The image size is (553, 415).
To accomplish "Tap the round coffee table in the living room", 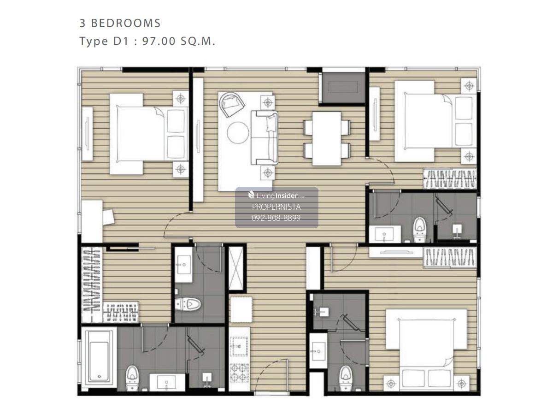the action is (x=238, y=132).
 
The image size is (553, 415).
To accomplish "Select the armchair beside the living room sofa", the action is (x=231, y=104).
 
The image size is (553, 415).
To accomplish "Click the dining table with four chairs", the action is (x=327, y=139).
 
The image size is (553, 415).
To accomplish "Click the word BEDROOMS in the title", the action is (x=126, y=23).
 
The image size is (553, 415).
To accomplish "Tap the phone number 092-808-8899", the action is (x=276, y=218).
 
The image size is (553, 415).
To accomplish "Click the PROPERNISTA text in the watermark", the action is (x=276, y=207).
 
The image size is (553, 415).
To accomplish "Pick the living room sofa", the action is (x=265, y=137).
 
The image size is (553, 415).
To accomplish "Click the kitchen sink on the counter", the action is (x=239, y=346).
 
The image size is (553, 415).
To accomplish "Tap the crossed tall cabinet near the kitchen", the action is (x=236, y=268).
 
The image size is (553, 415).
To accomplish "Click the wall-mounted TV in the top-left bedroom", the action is (x=87, y=134).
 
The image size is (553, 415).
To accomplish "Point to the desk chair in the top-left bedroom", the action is (x=109, y=217).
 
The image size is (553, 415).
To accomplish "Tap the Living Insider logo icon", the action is (x=251, y=195).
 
